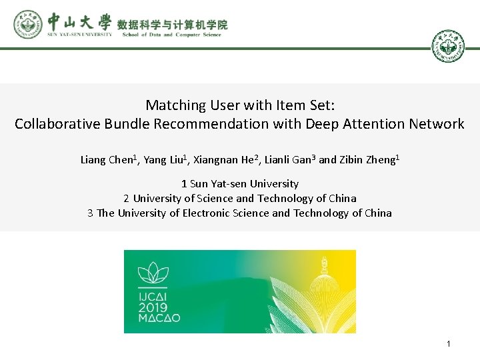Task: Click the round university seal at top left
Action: point(27,25)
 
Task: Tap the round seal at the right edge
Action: point(448,47)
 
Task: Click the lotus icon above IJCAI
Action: point(152,273)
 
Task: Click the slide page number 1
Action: point(449,344)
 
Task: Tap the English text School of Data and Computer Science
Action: point(171,35)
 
